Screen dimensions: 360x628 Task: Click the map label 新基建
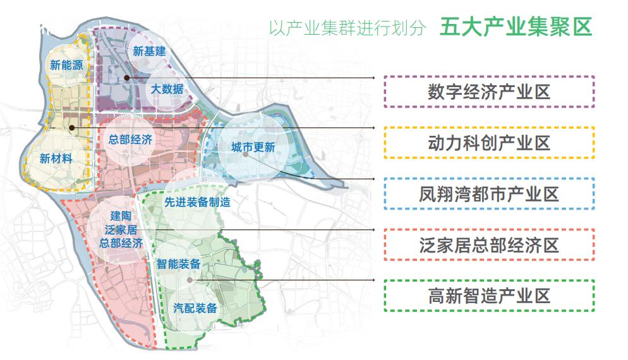149,51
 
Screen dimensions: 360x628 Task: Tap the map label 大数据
167,89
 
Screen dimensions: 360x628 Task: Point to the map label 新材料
56,159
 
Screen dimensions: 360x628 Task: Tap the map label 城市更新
253,148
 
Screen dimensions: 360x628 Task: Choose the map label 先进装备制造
197,203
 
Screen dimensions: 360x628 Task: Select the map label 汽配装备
195,308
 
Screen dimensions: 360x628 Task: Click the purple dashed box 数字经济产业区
489,92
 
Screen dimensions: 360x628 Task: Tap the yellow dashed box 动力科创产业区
489,143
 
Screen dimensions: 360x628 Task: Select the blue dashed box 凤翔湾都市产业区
489,194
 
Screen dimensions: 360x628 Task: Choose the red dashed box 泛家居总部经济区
489,244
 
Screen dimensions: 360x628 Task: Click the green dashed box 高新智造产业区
489,295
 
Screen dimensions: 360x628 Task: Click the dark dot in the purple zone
127,78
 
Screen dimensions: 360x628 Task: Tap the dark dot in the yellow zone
73,128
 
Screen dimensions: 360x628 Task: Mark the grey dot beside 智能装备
189,279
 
